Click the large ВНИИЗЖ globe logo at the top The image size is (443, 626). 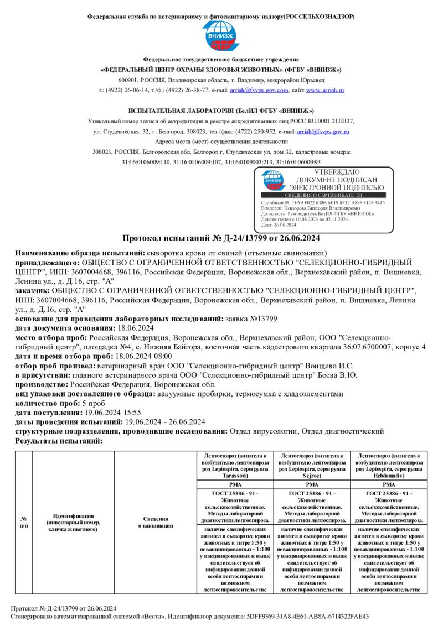click(221, 37)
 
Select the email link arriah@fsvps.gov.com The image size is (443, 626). click(260, 90)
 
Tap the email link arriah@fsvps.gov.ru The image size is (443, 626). click(323, 132)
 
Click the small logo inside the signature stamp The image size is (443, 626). click(274, 180)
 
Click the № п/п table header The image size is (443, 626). click(24, 522)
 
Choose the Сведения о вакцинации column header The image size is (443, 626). click(156, 522)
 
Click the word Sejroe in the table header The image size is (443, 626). click(312, 474)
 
